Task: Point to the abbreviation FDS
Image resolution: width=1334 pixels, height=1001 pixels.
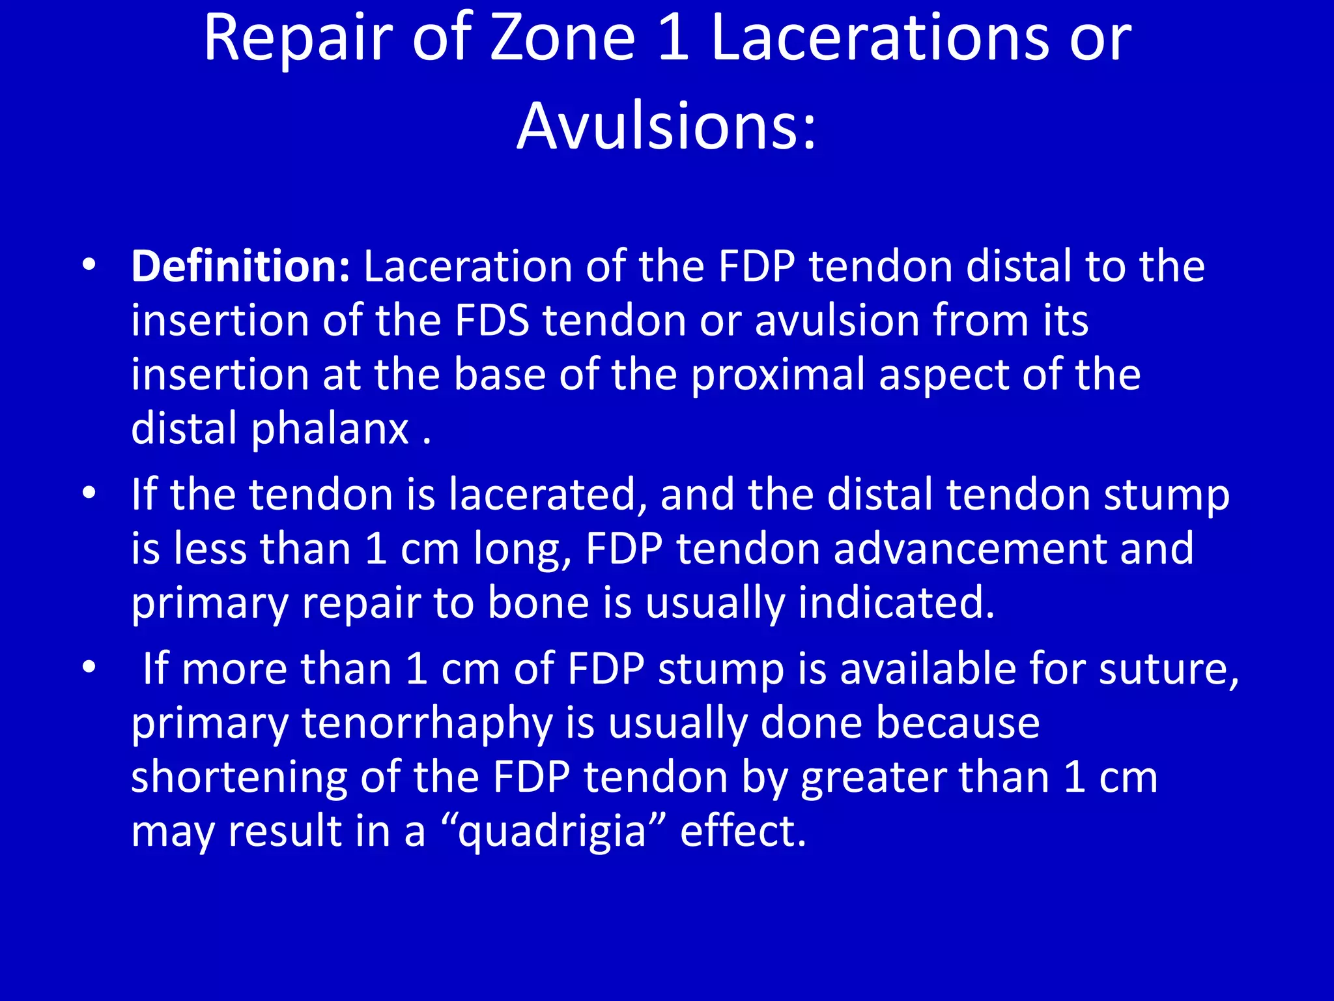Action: coord(492,321)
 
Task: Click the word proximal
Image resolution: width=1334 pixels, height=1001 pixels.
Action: coord(778,377)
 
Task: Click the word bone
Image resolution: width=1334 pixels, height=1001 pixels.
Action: coord(538,603)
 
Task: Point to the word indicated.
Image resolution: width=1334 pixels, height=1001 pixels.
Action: coord(896,603)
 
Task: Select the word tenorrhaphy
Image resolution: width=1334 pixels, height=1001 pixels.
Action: coord(427,724)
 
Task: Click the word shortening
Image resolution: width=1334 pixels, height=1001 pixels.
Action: coord(239,778)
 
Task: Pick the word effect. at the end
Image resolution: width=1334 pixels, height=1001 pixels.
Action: coord(743,832)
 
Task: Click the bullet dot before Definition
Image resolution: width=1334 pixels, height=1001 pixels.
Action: coord(89,265)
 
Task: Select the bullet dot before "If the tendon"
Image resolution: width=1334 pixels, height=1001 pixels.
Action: coord(89,493)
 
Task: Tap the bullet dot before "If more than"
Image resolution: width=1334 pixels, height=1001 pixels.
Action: coord(89,667)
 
